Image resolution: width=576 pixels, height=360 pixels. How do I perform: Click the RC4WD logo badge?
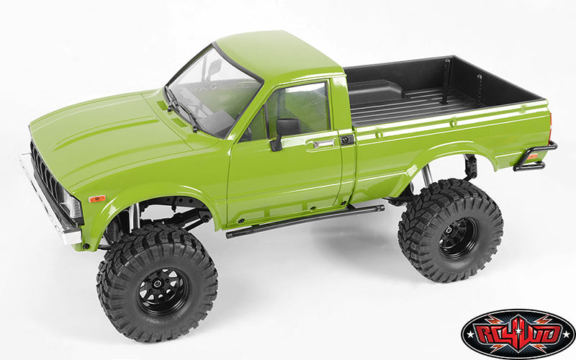click(518, 333)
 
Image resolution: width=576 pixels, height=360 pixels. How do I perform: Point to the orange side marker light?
click(96, 198)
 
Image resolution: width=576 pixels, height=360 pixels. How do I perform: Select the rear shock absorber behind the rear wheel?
click(426, 176)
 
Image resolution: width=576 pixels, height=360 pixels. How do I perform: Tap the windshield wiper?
click(184, 112)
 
